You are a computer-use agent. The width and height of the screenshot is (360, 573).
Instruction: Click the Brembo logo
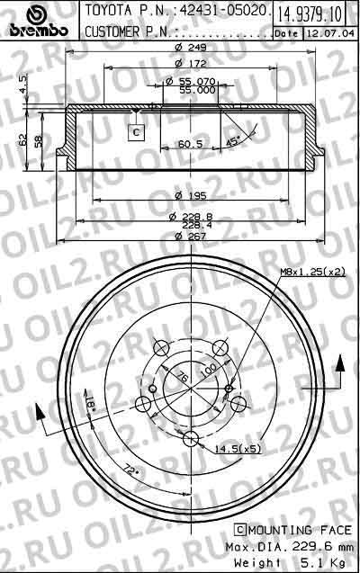pyautogui.click(x=38, y=22)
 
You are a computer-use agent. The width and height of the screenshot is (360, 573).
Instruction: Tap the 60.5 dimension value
pyautogui.click(x=189, y=143)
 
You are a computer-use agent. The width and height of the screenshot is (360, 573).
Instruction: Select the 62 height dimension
pyautogui.click(x=20, y=139)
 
